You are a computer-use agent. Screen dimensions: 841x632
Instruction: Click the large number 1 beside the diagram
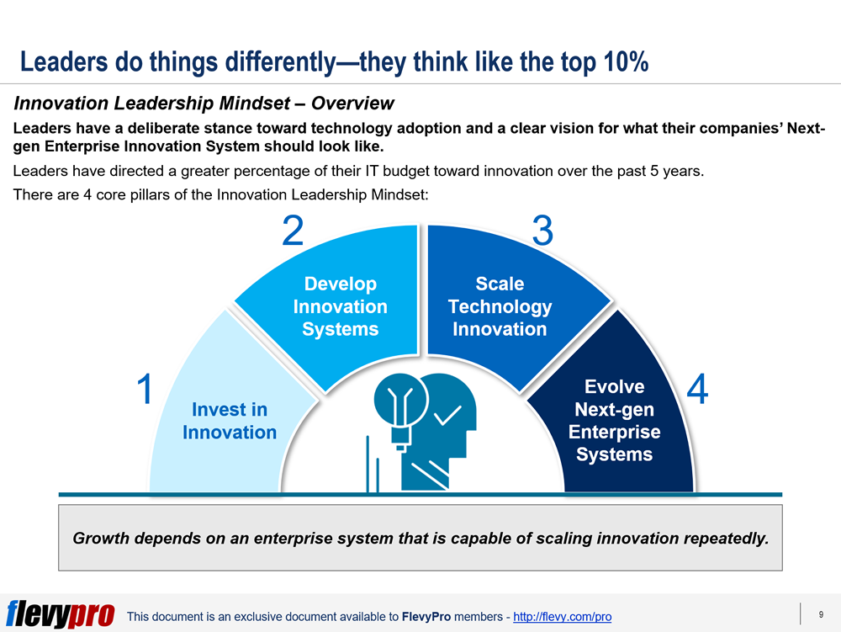tap(145, 389)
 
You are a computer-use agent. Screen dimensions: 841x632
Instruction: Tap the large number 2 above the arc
tap(293, 231)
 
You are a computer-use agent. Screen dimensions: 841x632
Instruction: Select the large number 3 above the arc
tap(542, 231)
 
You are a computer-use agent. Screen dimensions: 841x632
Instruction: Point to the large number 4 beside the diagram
tap(697, 389)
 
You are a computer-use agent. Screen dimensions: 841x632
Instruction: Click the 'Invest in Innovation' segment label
tap(230, 421)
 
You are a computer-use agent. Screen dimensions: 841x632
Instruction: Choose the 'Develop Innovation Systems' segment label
tap(340, 306)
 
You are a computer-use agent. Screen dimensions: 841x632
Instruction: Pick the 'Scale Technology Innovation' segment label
tap(500, 306)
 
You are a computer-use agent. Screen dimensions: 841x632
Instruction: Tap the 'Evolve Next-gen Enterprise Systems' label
tap(615, 421)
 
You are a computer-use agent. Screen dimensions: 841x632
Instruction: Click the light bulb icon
tap(400, 412)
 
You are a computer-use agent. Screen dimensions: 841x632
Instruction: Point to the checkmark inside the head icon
tap(447, 415)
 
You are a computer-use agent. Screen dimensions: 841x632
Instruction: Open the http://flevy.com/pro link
tap(562, 617)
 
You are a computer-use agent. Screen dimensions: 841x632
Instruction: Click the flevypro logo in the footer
tap(61, 613)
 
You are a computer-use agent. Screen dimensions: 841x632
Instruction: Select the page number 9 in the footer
tap(821, 615)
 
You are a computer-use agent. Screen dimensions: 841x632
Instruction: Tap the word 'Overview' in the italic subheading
tap(352, 103)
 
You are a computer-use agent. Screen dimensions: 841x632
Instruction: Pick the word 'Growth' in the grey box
tap(101, 538)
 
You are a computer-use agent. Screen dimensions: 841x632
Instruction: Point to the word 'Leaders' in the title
tap(64, 61)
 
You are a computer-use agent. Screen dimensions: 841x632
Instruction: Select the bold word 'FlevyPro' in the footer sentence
tap(426, 617)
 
